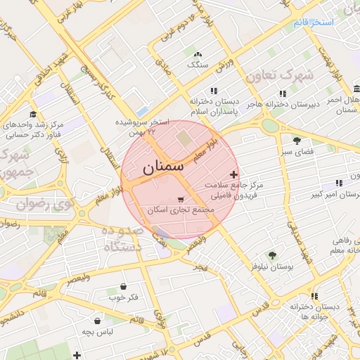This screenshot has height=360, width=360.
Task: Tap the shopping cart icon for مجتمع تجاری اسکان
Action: (x=182, y=199)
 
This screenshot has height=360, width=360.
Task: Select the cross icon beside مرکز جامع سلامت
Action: (x=233, y=174)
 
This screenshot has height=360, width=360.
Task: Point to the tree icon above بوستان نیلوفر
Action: (x=271, y=255)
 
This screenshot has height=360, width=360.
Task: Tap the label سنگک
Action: (x=198, y=65)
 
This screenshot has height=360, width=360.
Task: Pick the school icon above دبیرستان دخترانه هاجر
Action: (x=283, y=94)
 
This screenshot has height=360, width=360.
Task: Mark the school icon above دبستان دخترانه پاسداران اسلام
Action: (x=213, y=91)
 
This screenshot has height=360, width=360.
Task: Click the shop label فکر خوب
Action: (x=123, y=297)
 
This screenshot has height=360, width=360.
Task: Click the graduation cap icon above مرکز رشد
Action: (x=33, y=114)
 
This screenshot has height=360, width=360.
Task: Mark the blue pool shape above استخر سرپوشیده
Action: (x=143, y=111)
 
